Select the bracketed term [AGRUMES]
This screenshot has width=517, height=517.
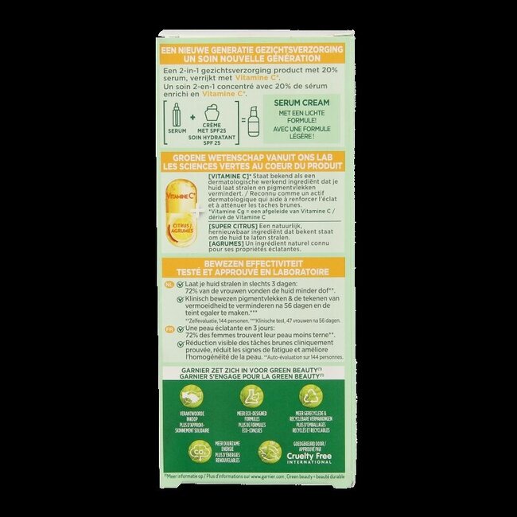[x=226, y=247]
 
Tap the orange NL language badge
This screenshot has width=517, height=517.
[x=169, y=283]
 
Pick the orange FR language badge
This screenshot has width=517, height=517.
[x=169, y=328]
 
